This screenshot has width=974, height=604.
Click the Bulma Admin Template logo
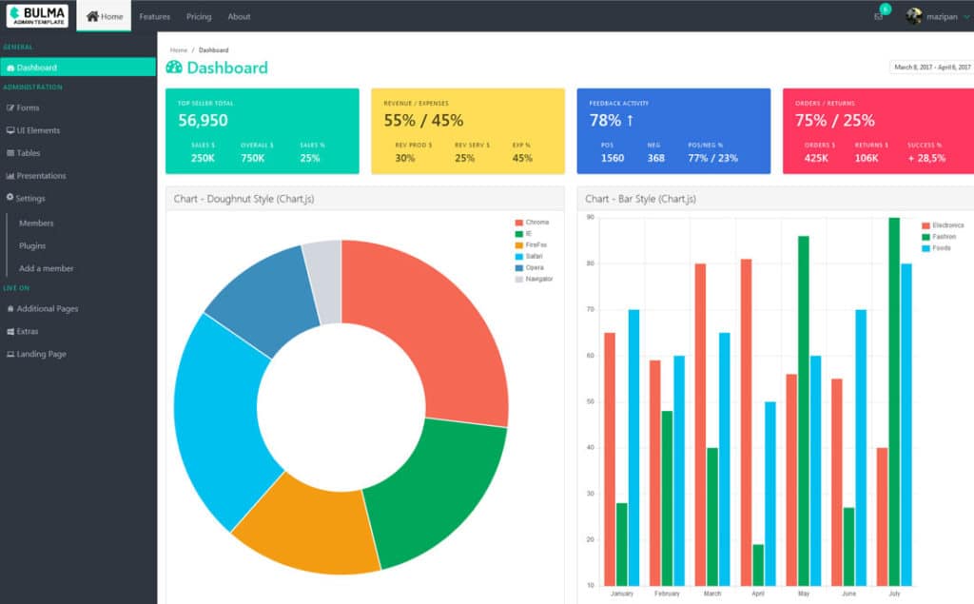[x=37, y=16]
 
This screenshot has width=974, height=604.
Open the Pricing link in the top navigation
[x=199, y=16]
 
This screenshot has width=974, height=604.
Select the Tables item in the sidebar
[x=28, y=153]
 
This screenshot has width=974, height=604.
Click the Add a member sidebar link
[x=46, y=268]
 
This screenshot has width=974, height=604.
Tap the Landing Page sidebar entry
[x=41, y=354]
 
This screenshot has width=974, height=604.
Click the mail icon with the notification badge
[x=878, y=16]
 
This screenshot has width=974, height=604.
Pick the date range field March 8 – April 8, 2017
[x=931, y=68]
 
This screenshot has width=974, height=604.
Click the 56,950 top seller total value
[x=203, y=121]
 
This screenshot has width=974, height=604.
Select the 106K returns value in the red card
[x=867, y=158]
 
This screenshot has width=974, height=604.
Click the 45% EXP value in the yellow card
[x=522, y=158]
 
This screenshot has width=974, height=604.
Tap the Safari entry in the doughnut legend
[x=536, y=257]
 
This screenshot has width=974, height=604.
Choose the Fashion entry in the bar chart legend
[x=944, y=237]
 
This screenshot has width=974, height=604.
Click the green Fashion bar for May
[x=804, y=410]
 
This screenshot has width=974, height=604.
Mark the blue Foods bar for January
[x=633, y=447]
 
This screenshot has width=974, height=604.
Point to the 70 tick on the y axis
[x=590, y=310]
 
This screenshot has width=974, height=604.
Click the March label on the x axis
[x=712, y=594]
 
